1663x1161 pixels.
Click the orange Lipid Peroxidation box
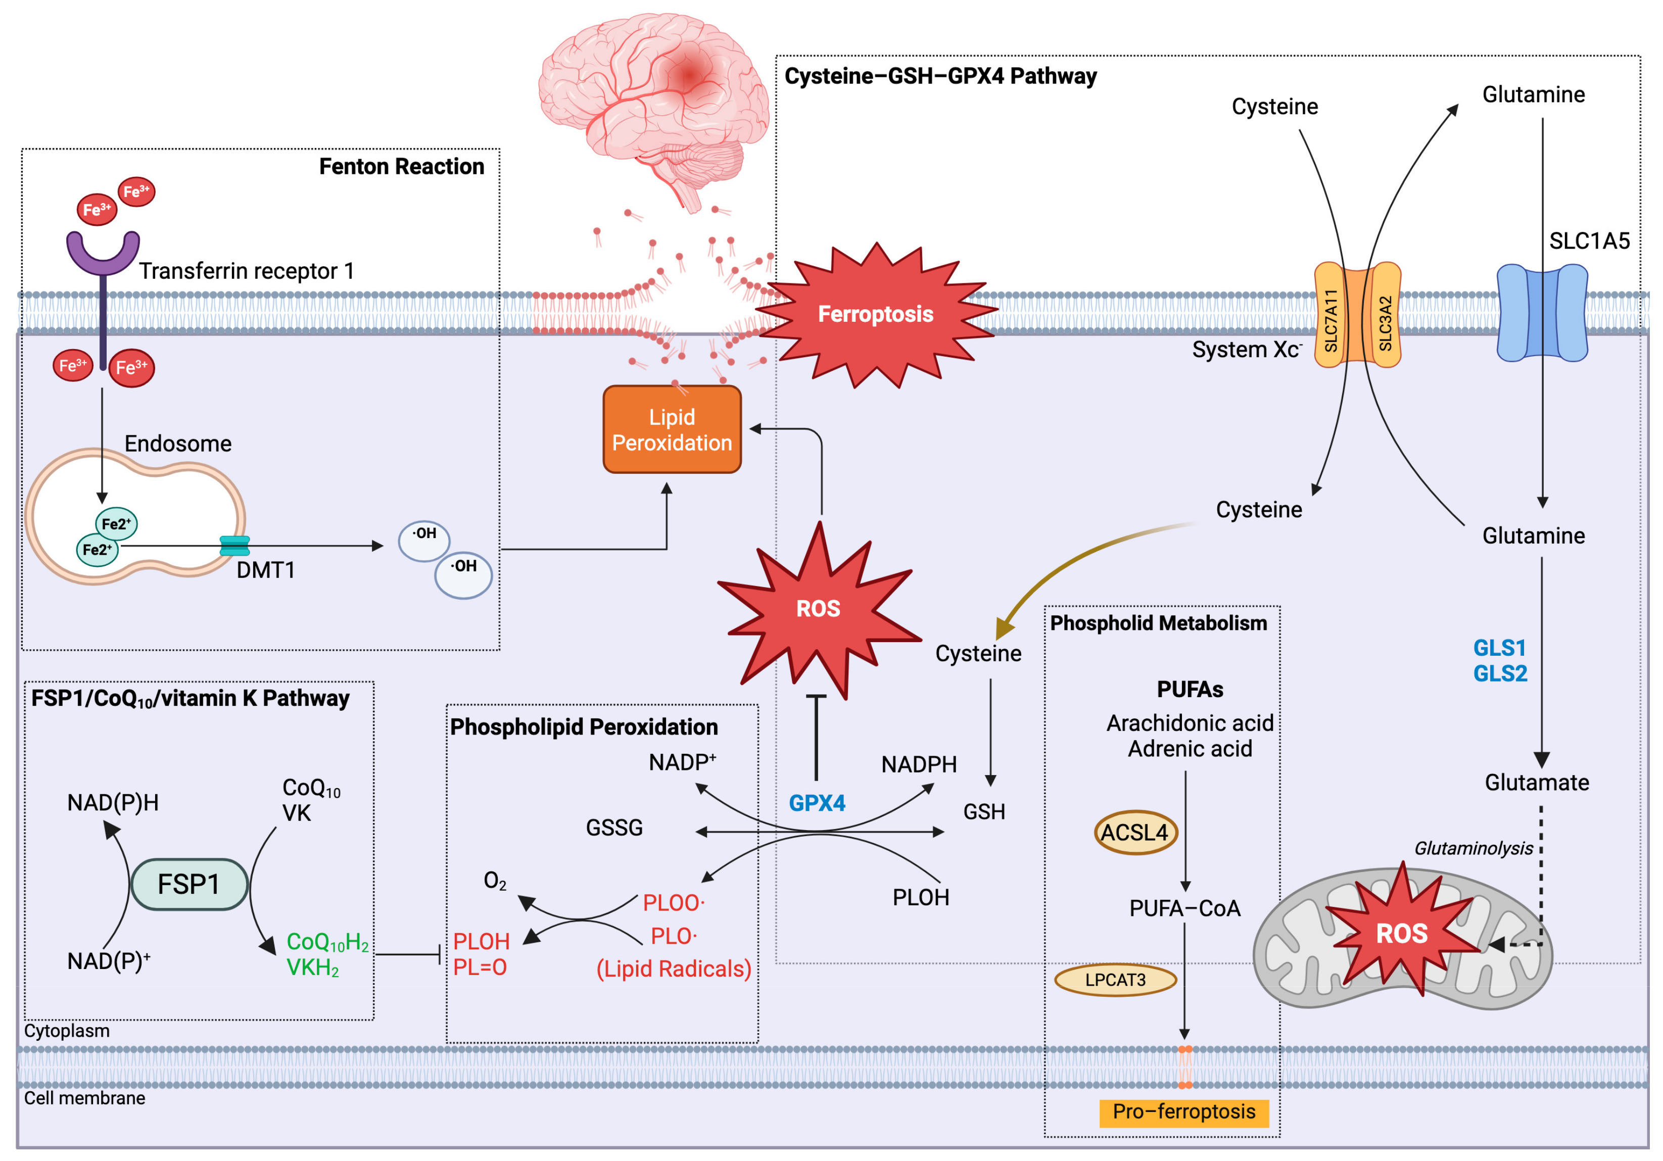click(672, 429)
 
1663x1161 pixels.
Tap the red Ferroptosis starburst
click(875, 314)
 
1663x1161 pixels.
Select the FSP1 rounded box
click(189, 884)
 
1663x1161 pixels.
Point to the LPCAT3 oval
click(1115, 980)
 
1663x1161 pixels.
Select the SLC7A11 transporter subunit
click(1330, 316)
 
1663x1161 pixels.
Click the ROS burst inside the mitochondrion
click(1402, 934)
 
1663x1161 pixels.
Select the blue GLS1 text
click(1499, 648)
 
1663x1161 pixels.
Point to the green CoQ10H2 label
click(327, 942)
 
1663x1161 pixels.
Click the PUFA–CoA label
click(1184, 908)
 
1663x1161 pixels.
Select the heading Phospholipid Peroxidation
click(584, 727)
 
